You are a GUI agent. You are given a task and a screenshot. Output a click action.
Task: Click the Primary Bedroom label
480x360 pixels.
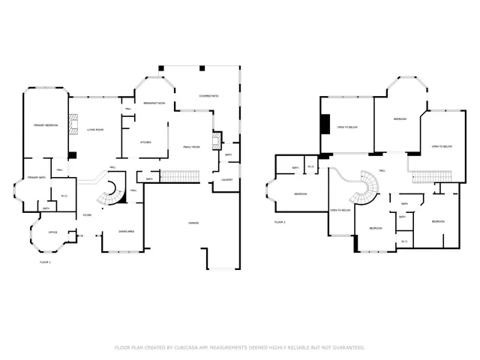pyautogui.click(x=46, y=124)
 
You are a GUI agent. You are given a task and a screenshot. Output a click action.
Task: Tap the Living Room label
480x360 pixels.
pyautogui.click(x=94, y=130)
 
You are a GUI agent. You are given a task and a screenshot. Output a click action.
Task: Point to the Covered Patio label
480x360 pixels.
pyautogui.click(x=208, y=97)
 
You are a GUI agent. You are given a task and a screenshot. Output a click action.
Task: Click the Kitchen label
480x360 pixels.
pyautogui.click(x=148, y=142)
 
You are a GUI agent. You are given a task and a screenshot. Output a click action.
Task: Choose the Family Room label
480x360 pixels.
pyautogui.click(x=191, y=147)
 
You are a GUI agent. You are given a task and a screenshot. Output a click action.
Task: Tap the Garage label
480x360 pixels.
pyautogui.click(x=193, y=223)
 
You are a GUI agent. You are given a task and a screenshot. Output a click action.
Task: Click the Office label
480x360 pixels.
pyautogui.click(x=52, y=232)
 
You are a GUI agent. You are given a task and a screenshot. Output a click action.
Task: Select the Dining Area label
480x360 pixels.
pyautogui.click(x=126, y=232)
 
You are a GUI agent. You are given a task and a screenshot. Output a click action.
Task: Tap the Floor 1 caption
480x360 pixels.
pyautogui.click(x=45, y=262)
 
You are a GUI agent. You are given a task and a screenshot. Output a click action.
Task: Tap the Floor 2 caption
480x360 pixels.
pyautogui.click(x=280, y=223)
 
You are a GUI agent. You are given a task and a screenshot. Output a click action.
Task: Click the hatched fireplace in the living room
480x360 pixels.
pyautogui.click(x=73, y=123)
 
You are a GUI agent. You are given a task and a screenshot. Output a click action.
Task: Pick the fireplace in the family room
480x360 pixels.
pyautogui.click(x=217, y=141)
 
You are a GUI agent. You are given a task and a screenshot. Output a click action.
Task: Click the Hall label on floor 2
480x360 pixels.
pyautogui.click(x=382, y=171)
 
